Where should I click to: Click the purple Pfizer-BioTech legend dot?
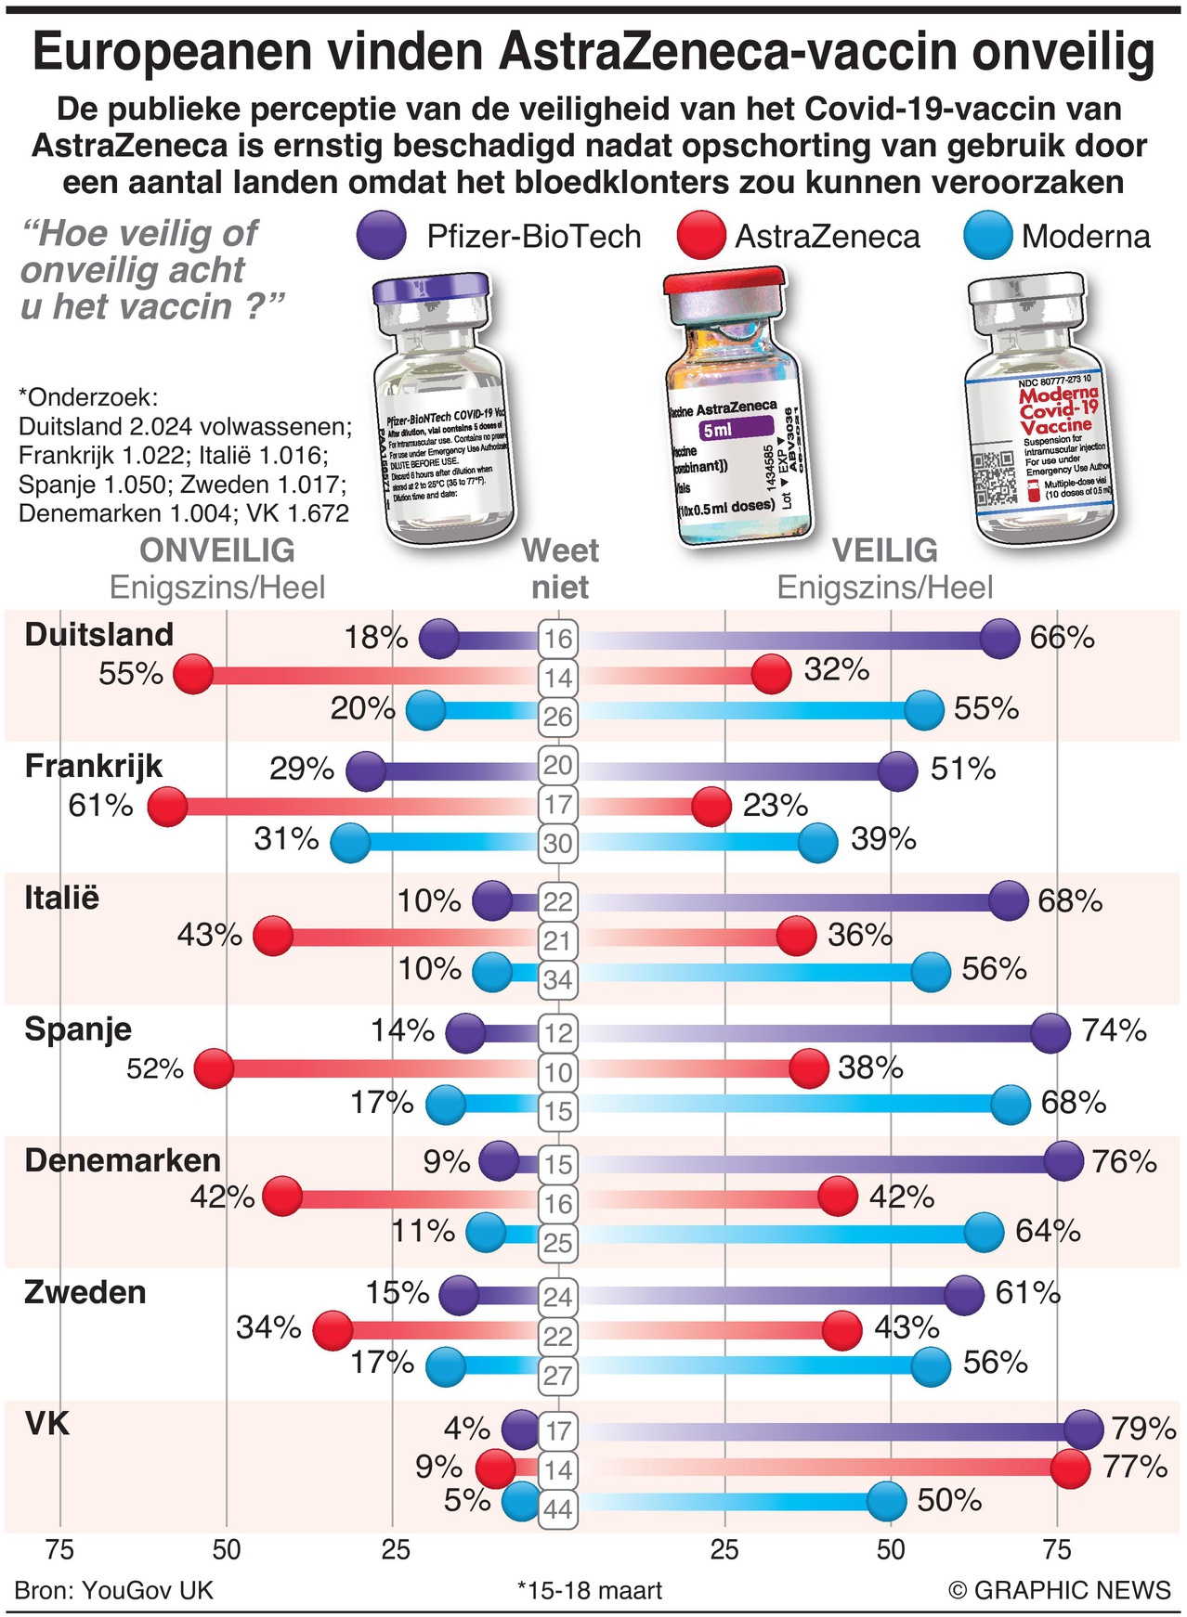[381, 235]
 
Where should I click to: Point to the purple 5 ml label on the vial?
[737, 430]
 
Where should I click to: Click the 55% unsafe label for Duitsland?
[131, 673]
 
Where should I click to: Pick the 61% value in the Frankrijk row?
[100, 805]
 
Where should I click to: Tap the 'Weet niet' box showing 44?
[557, 1508]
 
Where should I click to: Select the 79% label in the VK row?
[1142, 1428]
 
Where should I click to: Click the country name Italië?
[61, 898]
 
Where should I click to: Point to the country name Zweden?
[85, 1292]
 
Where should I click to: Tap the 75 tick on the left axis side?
[60, 1549]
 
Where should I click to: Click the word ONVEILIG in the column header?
[217, 550]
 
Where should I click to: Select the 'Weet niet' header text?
[560, 568]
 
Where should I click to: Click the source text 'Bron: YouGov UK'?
[114, 1590]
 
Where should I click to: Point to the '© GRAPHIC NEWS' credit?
[1060, 1590]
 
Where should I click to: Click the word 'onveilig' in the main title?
[1063, 53]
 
